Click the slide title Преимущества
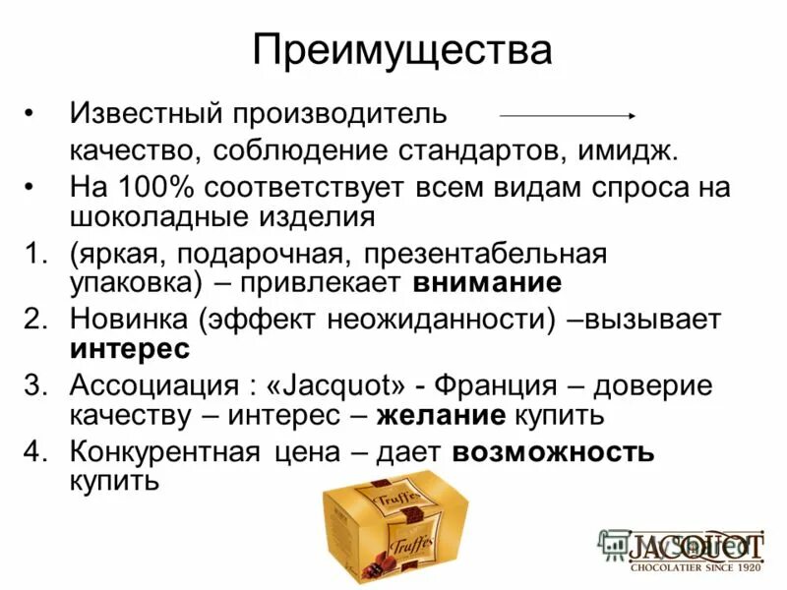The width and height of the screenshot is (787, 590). coord(401,50)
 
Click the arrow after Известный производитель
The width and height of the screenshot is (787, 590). coord(568,115)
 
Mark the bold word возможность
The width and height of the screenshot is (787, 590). coord(553,452)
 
